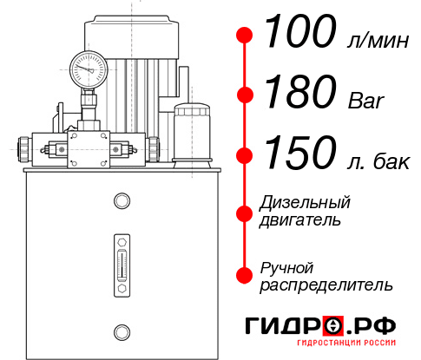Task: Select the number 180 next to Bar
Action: pyautogui.click(x=299, y=94)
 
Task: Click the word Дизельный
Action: pyautogui.click(x=306, y=203)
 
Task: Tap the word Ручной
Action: pyautogui.click(x=286, y=266)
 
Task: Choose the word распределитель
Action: pyautogui.click(x=326, y=285)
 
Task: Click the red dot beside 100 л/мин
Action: pyautogui.click(x=246, y=36)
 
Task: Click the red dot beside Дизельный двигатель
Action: pyautogui.click(x=246, y=213)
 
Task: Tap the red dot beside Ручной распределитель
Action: pyautogui.click(x=246, y=275)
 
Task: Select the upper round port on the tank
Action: pyautogui.click(x=120, y=202)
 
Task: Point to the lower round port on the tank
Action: pyautogui.click(x=120, y=331)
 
